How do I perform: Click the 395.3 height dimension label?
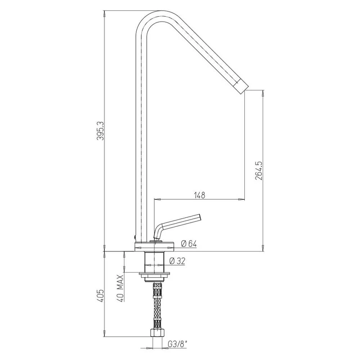tap(100, 130)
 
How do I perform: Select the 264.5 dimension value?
tap(259, 171)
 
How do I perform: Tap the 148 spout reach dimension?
tap(199, 195)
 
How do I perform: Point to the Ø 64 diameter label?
tap(189, 243)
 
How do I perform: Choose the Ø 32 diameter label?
tap(177, 261)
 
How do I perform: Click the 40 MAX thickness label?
tap(120, 288)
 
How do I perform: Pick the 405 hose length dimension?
tap(100, 296)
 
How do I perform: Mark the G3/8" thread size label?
tap(178, 344)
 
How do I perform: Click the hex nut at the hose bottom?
tap(157, 333)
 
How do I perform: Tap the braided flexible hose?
tap(157, 306)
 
